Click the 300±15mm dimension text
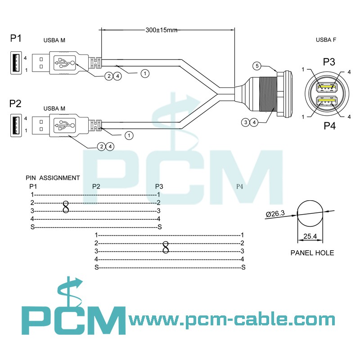(x=161, y=31)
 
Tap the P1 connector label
(x=16, y=39)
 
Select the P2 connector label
(x=16, y=104)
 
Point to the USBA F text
(x=326, y=40)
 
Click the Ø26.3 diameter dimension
(x=275, y=214)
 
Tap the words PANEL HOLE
(x=312, y=253)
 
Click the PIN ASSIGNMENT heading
(x=53, y=178)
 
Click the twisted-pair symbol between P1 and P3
(x=66, y=207)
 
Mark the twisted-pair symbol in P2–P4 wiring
(x=166, y=247)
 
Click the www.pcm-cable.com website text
(x=232, y=320)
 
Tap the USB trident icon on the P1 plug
(x=65, y=63)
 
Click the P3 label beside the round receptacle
(x=329, y=62)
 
